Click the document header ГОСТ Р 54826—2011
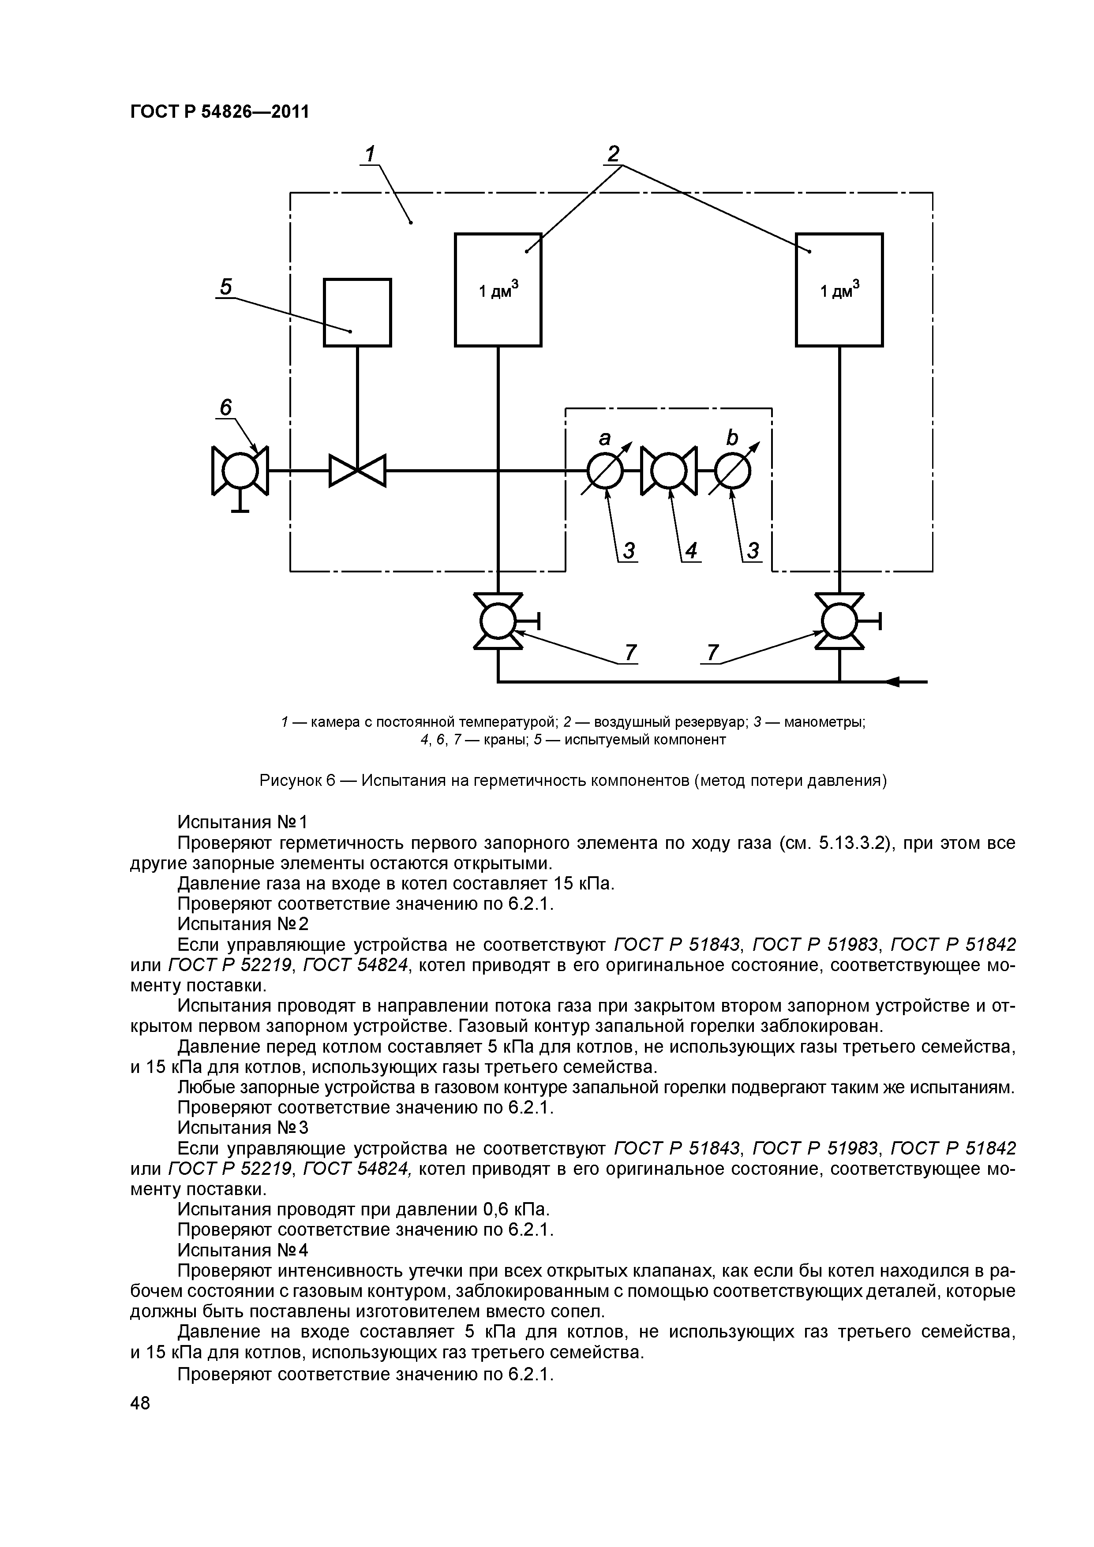coord(219,111)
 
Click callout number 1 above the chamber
coord(369,154)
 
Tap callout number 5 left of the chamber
coord(225,288)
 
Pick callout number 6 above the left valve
coord(225,407)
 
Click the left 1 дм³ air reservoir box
coord(498,290)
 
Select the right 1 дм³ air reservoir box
coord(839,290)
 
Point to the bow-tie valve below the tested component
coord(357,470)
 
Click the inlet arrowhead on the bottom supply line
coord(891,682)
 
